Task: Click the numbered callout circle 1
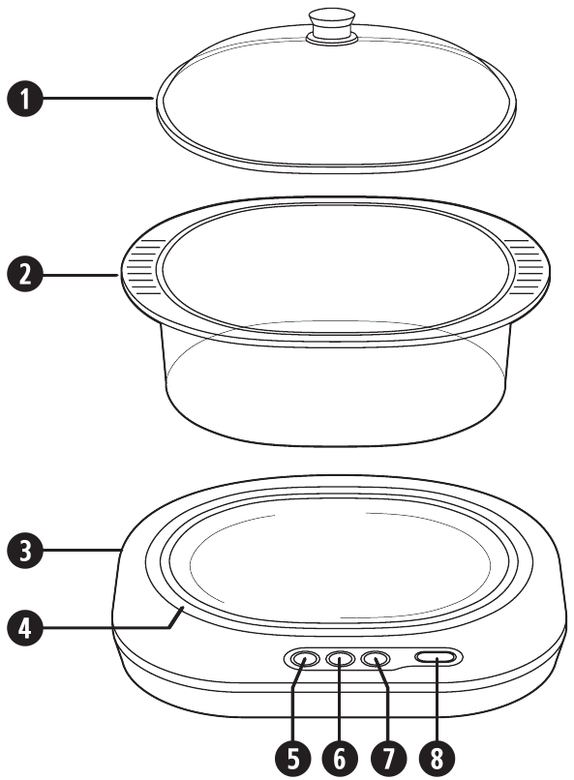click(25, 99)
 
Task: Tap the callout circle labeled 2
click(25, 275)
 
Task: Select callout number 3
click(25, 551)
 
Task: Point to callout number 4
click(25, 627)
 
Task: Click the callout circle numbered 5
click(293, 759)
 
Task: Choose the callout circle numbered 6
click(340, 759)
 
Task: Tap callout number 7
click(388, 759)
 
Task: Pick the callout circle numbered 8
click(437, 759)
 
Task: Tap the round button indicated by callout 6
click(340, 660)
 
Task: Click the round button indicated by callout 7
click(376, 660)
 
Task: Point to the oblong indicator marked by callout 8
click(436, 658)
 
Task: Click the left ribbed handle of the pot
click(144, 266)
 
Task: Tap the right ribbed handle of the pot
click(526, 266)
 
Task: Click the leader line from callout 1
click(99, 99)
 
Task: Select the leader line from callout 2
click(80, 275)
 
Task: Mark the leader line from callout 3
click(82, 551)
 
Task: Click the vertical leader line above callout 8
click(437, 700)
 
